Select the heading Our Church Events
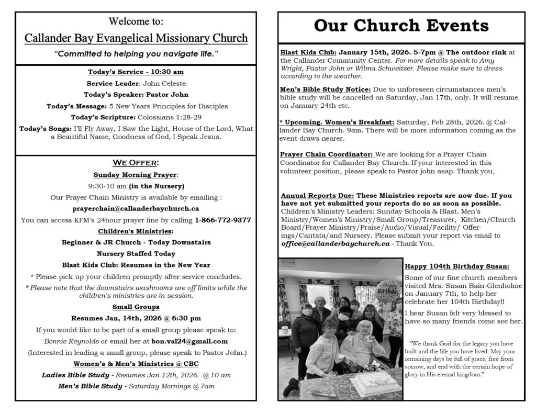pyautogui.click(x=401, y=26)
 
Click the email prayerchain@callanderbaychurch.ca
pyautogui.click(x=136, y=208)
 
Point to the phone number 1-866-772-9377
pyautogui.click(x=222, y=220)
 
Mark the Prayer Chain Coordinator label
pyautogui.click(x=327, y=154)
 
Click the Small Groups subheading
pyautogui.click(x=136, y=307)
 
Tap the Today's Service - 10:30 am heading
pyautogui.click(x=136, y=72)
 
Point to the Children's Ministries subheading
pyautogui.click(x=136, y=231)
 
